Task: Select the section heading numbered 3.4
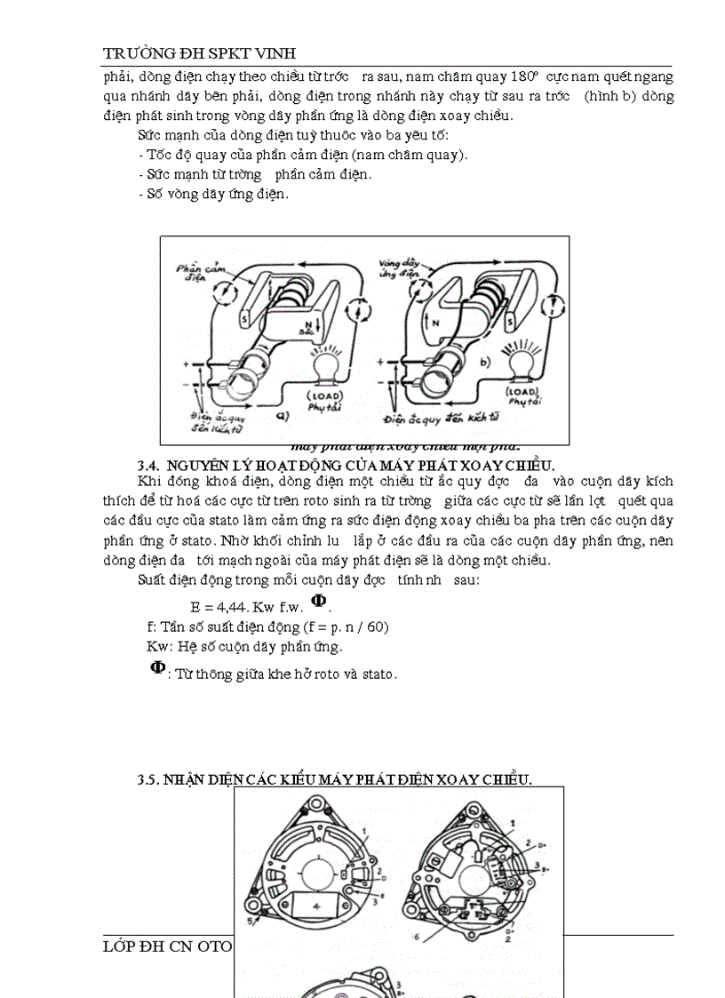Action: point(346,466)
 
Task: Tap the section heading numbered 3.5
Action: point(334,779)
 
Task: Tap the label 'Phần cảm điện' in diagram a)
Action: point(190,270)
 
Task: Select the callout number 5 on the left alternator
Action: point(251,922)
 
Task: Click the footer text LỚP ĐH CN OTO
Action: point(167,946)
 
